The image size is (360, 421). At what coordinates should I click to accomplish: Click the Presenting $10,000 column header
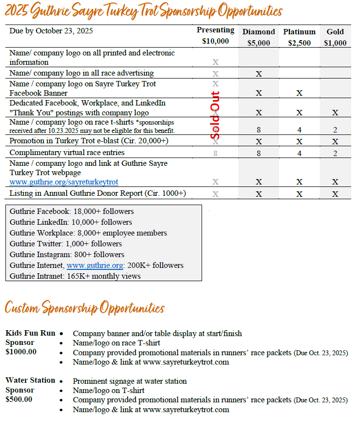coord(215,36)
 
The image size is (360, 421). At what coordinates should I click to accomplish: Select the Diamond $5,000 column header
coord(258,37)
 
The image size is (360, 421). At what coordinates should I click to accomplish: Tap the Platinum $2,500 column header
coord(299,37)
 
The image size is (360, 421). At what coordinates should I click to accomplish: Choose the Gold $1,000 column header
coord(335,37)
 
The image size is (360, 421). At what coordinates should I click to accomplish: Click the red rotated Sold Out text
coord(215,115)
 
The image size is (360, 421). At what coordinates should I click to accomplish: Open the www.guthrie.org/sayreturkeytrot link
coord(64,182)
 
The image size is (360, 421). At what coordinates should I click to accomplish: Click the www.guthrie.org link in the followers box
coord(95,265)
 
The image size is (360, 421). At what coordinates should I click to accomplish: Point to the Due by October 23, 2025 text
coord(51,31)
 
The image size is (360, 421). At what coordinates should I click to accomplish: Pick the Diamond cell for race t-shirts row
coord(258,130)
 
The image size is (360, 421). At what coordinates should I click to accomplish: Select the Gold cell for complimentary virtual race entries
coord(335,153)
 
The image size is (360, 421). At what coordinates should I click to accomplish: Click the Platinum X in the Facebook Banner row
coord(299,93)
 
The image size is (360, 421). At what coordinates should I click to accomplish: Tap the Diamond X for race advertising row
coord(258,74)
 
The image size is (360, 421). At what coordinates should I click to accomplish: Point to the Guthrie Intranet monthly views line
coord(75,276)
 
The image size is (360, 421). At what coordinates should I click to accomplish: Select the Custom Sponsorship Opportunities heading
coord(84,308)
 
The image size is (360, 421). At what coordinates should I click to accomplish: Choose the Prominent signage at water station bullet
coord(129,381)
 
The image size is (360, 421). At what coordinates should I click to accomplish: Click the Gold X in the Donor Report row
coord(335,194)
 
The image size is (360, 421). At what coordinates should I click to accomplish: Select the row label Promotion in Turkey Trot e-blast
coord(88,141)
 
